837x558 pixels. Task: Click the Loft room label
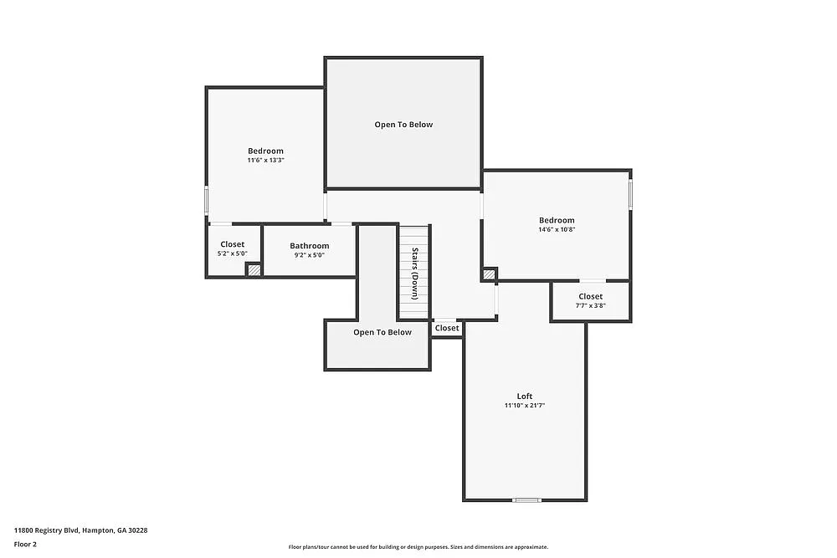tap(524, 396)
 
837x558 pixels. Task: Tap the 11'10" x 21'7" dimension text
tap(524, 406)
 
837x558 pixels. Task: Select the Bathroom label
tap(309, 246)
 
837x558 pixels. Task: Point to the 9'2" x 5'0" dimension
tap(309, 255)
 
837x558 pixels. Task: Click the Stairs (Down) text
tap(413, 273)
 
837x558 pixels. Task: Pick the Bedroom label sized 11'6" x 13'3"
tap(265, 151)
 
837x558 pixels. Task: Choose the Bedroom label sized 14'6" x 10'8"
tap(556, 220)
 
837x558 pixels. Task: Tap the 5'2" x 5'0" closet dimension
tap(233, 253)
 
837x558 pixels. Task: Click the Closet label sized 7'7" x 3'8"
tap(590, 296)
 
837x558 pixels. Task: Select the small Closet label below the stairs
tap(447, 328)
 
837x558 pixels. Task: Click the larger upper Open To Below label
tap(403, 125)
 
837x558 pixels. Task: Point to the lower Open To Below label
tap(382, 332)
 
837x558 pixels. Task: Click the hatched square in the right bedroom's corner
tap(489, 274)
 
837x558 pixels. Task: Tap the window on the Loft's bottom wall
tap(526, 500)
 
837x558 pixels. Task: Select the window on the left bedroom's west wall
tap(207, 201)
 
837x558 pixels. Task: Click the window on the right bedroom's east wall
tap(630, 192)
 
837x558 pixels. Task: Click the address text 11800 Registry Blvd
tap(80, 530)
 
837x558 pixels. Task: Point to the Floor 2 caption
tap(24, 544)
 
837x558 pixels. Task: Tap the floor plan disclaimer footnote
tap(418, 546)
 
